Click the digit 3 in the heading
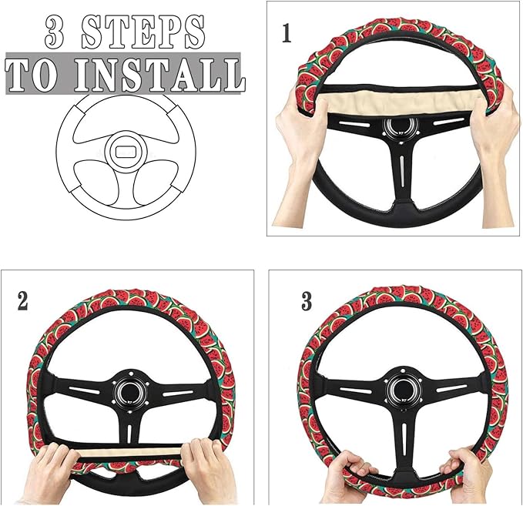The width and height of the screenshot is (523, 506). pyautogui.click(x=58, y=32)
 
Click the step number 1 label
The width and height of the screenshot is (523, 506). pyautogui.click(x=287, y=34)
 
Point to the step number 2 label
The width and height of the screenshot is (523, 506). pyautogui.click(x=23, y=300)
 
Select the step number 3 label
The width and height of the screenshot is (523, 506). pyautogui.click(x=307, y=301)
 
